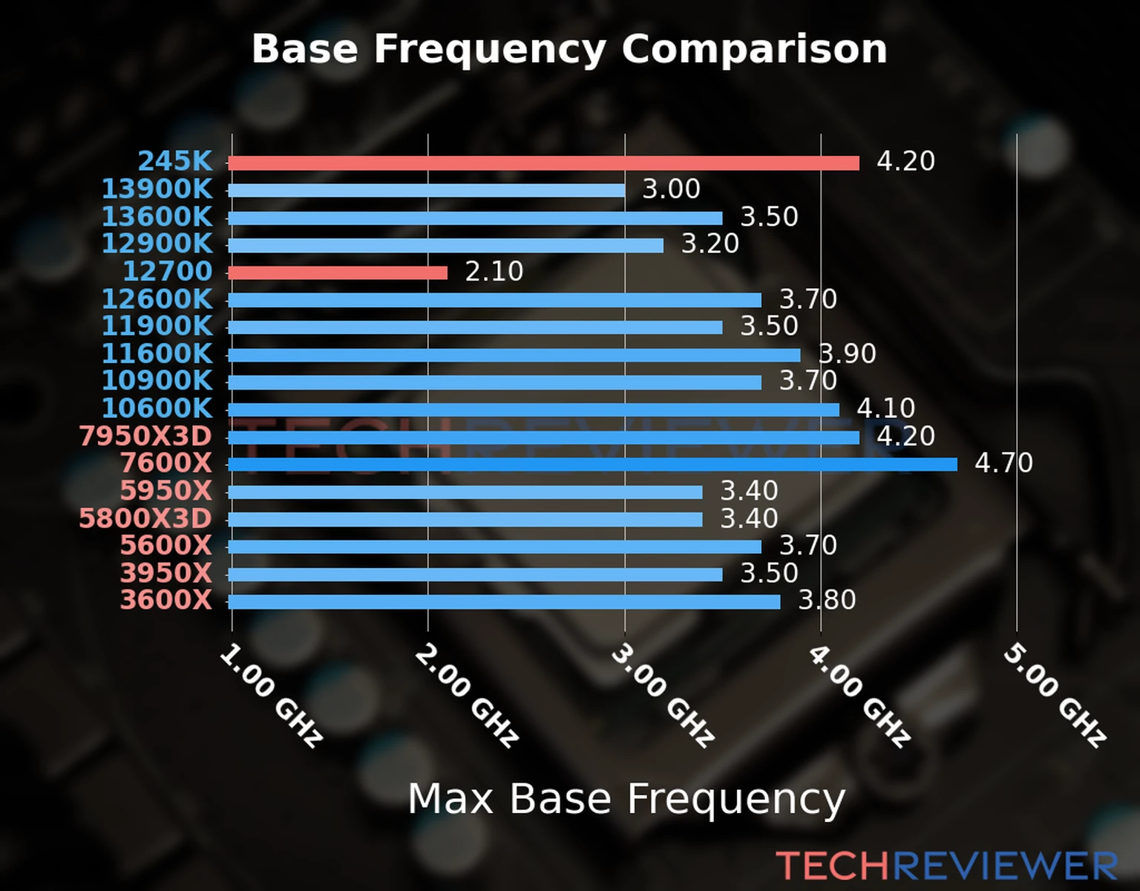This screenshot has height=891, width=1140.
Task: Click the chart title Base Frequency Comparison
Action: tap(569, 49)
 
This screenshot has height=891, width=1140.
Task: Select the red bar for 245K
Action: tap(543, 163)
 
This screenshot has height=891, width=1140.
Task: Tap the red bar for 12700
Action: tap(338, 272)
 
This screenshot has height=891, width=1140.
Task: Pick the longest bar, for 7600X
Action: tap(592, 464)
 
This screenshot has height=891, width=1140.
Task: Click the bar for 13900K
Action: tap(426, 190)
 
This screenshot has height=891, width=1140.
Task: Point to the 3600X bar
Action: tap(504, 601)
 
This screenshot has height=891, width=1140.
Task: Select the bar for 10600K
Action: tap(534, 409)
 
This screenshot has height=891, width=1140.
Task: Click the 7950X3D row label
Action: tap(145, 436)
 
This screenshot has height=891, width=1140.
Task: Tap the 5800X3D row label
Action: tap(145, 518)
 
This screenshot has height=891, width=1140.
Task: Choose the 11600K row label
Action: tap(157, 353)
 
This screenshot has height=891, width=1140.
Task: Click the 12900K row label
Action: tap(157, 244)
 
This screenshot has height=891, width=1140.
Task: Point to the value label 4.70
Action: tap(1003, 463)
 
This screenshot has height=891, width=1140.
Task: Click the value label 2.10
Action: tap(494, 272)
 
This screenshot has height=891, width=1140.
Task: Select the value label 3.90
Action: tap(847, 354)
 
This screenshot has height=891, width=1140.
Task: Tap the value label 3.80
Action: tap(827, 600)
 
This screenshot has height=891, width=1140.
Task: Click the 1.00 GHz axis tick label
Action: tap(272, 696)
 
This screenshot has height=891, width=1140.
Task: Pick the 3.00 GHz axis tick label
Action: tap(663, 695)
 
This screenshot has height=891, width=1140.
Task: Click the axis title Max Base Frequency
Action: tap(626, 799)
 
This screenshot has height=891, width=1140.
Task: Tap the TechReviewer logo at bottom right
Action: tap(946, 866)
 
